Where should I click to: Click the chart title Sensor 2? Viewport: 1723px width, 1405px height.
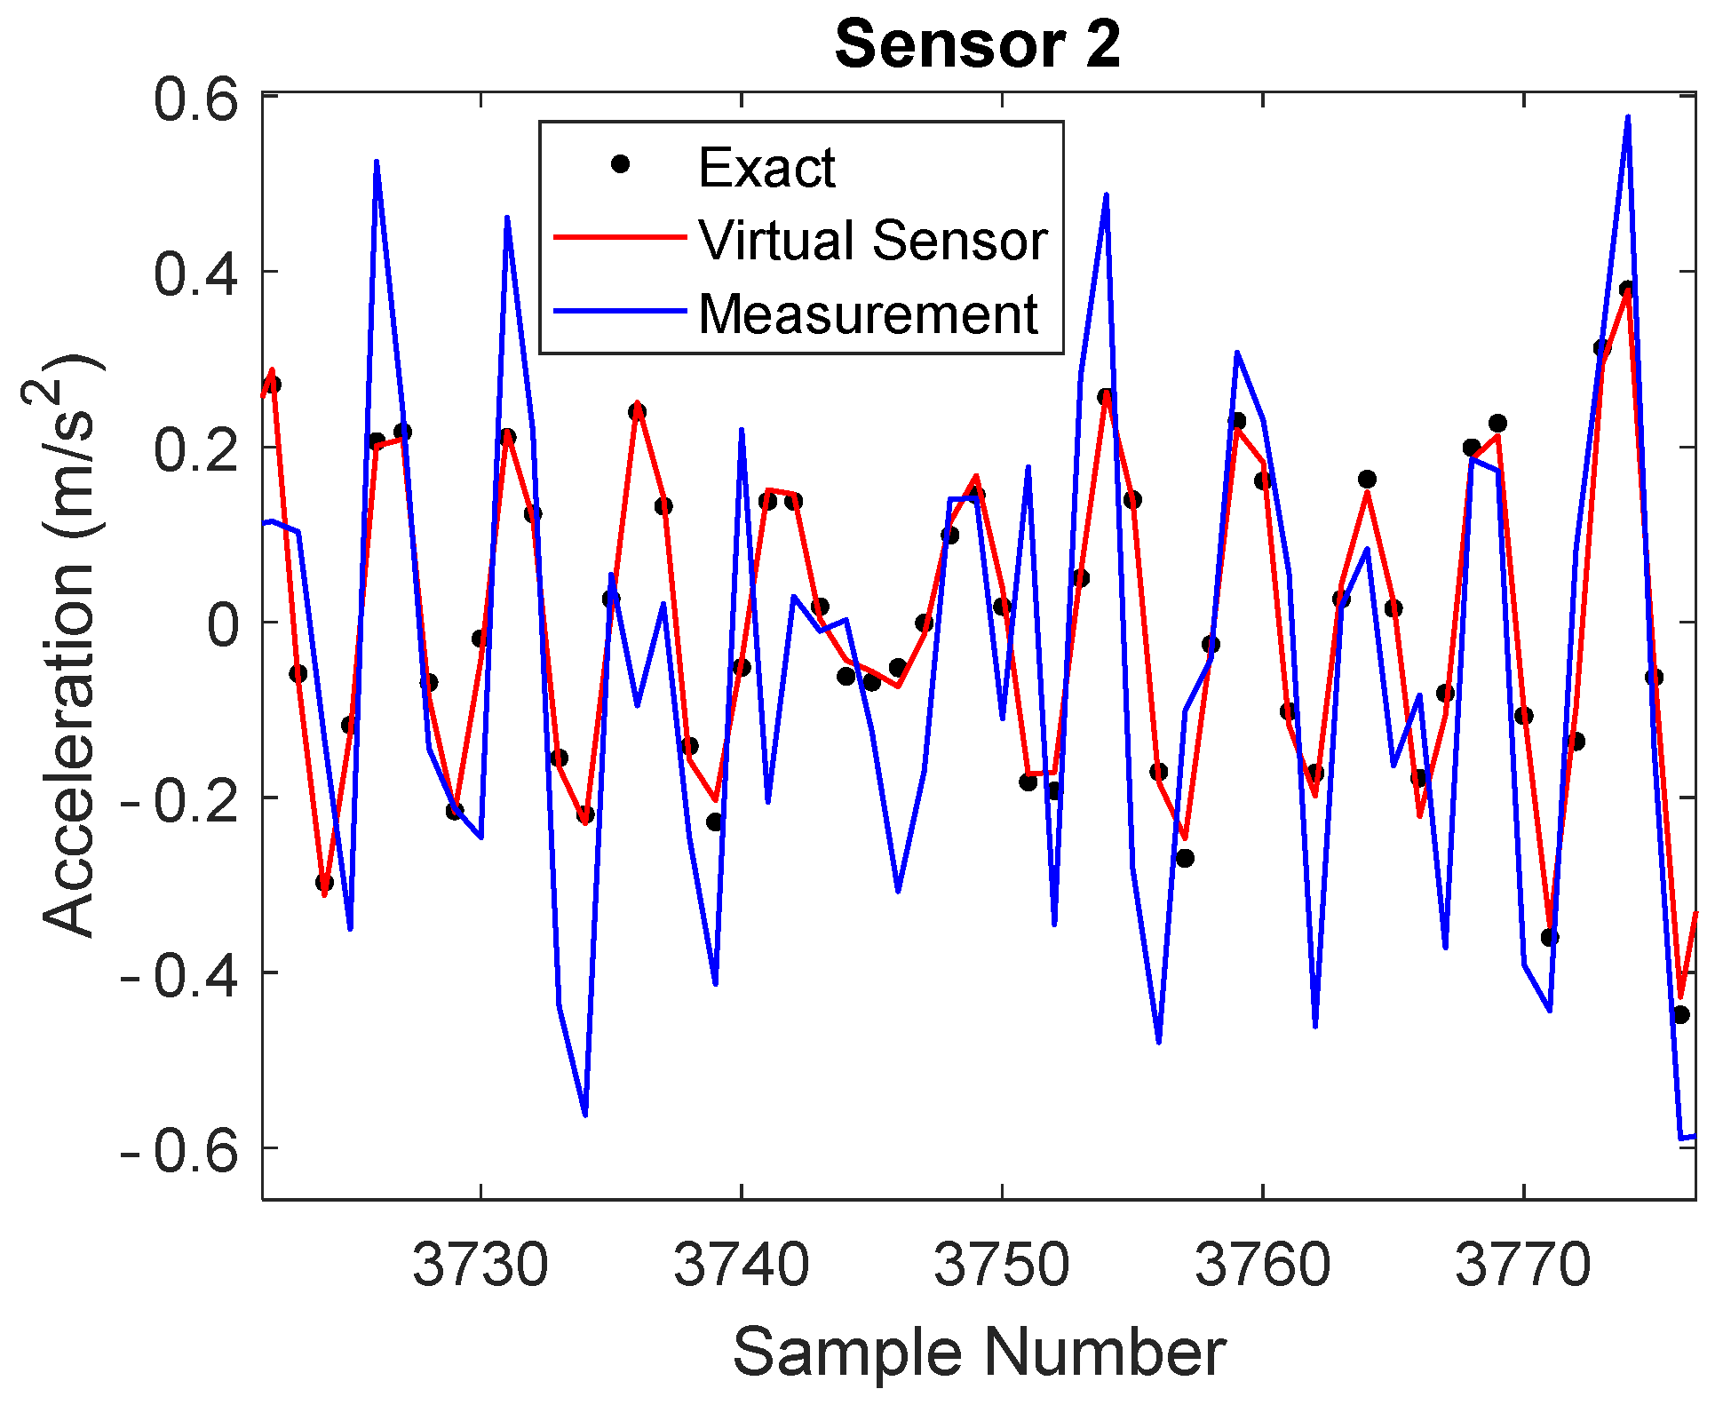pos(978,44)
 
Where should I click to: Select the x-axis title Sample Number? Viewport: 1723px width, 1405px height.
pos(979,1352)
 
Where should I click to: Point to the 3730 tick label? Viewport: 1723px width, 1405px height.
pos(480,1265)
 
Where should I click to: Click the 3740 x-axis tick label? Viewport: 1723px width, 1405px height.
pos(742,1265)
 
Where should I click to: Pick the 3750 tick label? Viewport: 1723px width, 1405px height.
pos(1002,1265)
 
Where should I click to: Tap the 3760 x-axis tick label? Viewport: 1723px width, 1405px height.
pos(1263,1265)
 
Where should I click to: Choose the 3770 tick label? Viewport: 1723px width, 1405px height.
pos(1523,1265)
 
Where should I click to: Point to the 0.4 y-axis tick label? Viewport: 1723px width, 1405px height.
pos(196,274)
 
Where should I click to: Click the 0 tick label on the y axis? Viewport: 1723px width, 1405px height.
pos(223,624)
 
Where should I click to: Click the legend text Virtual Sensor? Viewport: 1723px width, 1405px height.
pos(873,240)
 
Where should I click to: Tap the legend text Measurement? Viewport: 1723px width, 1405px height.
pos(868,314)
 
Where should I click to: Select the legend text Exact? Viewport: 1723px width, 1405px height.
pos(766,167)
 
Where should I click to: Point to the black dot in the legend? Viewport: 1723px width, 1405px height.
pos(621,164)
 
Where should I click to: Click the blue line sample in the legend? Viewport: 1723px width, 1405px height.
pos(620,311)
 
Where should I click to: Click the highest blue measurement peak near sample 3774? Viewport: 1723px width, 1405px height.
pos(1627,118)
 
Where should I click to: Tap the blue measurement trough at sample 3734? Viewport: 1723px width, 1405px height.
pos(585,1114)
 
